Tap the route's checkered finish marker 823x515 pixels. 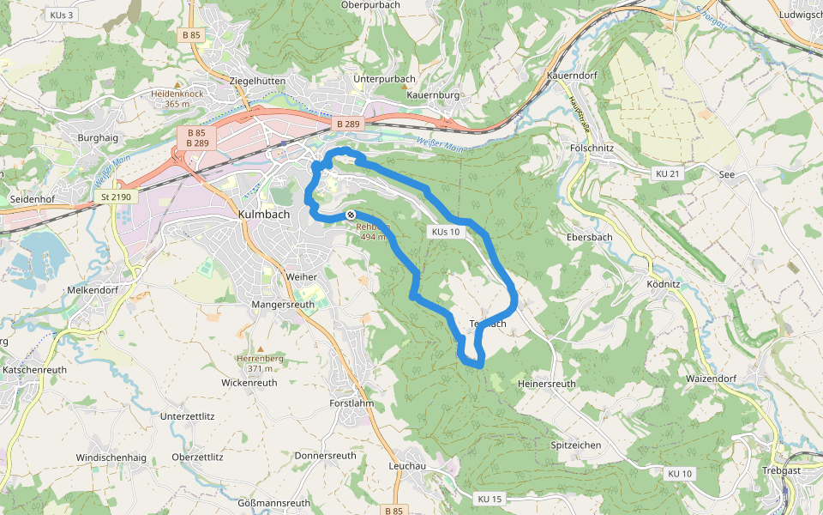[351, 215]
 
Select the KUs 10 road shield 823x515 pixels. [446, 232]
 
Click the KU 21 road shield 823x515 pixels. [667, 173]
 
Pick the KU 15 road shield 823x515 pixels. [490, 499]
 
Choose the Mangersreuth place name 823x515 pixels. [284, 305]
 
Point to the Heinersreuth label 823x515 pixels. [547, 384]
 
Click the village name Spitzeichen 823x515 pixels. [574, 445]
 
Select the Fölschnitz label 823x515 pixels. [592, 148]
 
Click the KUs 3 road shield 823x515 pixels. [63, 15]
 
